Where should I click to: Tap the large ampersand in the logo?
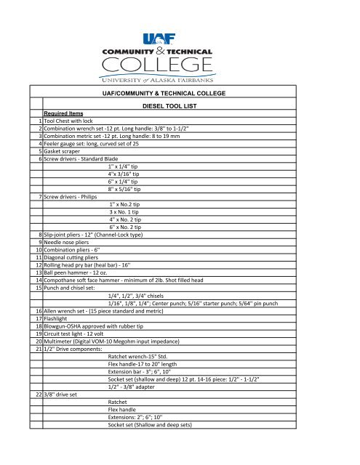[x=183, y=52]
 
